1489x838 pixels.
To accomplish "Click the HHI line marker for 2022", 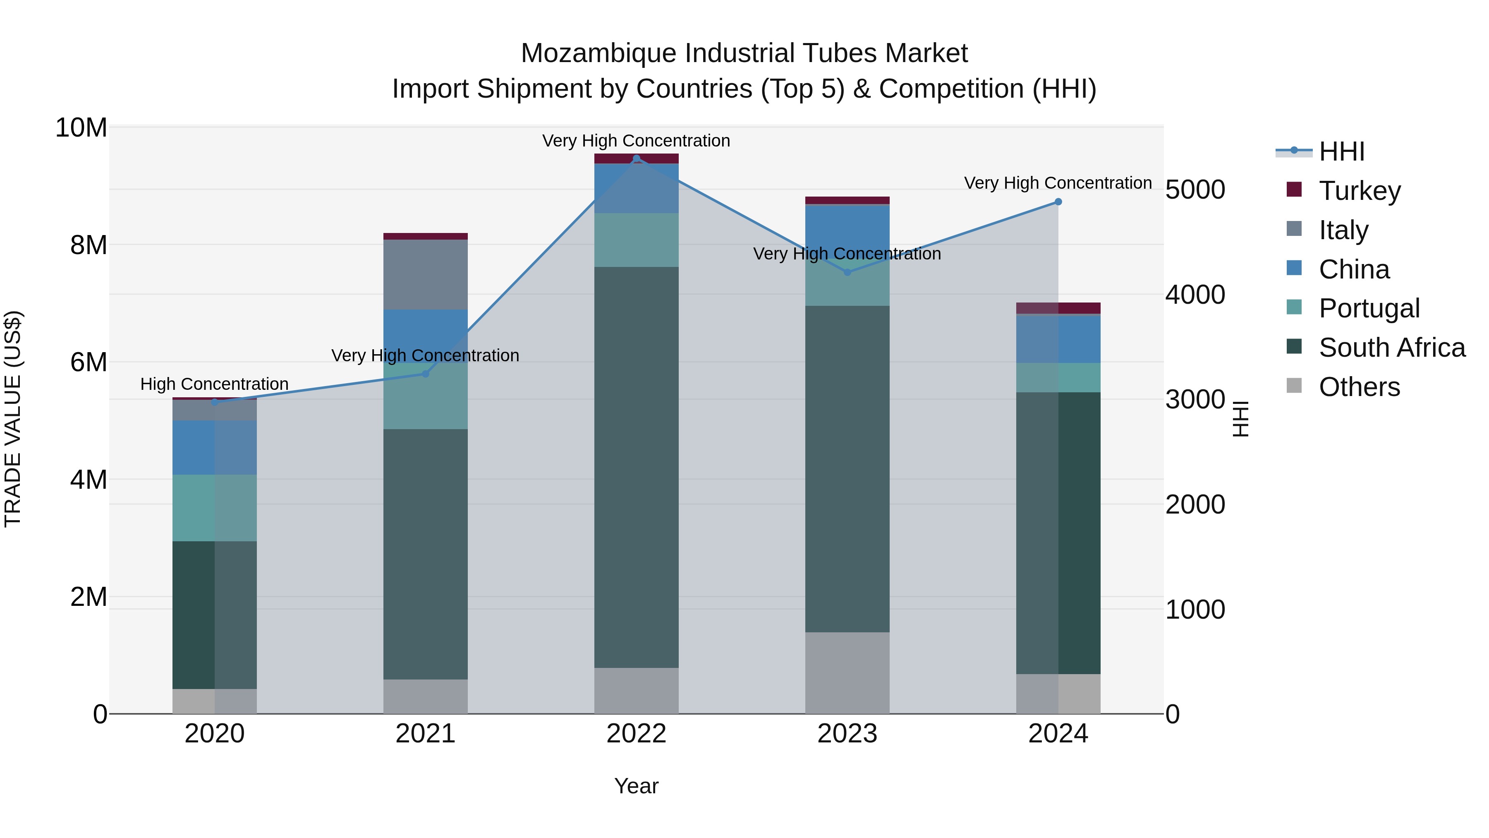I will coord(637,158).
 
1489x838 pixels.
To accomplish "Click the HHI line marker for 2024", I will coord(1058,202).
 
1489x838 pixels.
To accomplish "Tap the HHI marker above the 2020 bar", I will coord(214,403).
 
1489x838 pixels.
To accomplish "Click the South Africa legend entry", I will coord(1391,348).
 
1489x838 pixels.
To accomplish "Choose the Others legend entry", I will coord(1359,387).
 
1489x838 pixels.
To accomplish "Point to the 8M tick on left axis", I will coord(89,245).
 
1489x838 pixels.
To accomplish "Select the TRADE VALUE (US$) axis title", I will coord(13,419).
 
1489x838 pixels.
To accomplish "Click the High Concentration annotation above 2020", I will coord(214,384).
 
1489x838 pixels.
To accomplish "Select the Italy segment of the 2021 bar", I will coord(426,275).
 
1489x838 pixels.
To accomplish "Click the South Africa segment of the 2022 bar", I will coord(637,467).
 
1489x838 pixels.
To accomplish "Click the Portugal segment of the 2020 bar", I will coord(214,508).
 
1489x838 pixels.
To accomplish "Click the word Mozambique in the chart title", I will coord(599,53).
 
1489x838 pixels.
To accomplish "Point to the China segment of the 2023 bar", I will coord(847,228).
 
